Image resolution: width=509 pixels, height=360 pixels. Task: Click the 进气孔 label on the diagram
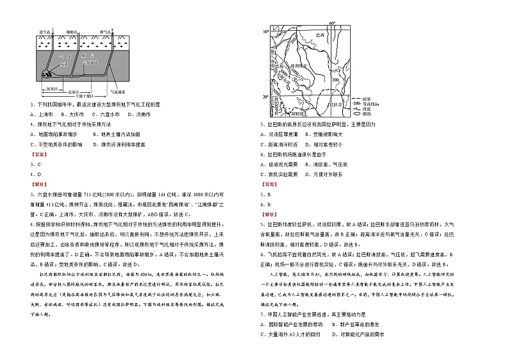tap(46, 31)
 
